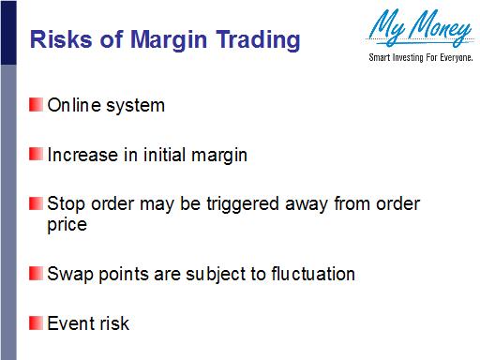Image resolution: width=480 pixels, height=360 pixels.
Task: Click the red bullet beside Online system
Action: tap(36, 104)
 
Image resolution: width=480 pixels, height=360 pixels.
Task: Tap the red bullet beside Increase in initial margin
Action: tap(36, 154)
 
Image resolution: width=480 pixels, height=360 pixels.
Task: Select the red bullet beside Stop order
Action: tap(36, 203)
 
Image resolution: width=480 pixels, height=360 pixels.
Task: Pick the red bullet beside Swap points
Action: tap(36, 274)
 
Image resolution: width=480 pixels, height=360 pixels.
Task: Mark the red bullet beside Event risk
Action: tap(36, 323)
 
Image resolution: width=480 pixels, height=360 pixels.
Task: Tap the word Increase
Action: tap(82, 155)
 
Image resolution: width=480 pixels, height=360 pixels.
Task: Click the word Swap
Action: tap(68, 275)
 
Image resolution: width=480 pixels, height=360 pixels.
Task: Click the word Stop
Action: tap(67, 204)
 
